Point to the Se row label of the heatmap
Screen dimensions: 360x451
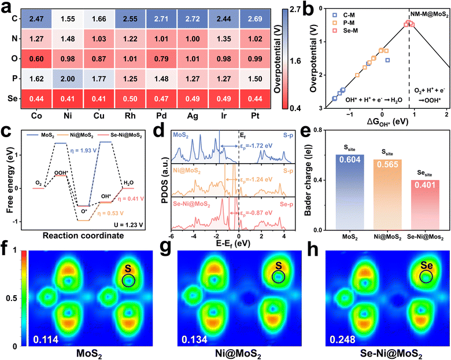[10, 99]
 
